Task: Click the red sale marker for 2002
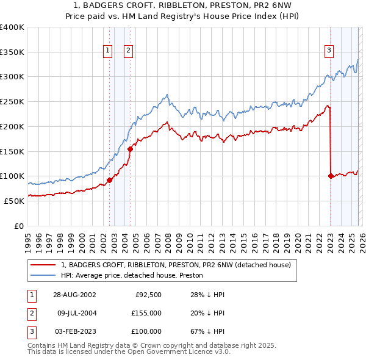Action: tap(110, 180)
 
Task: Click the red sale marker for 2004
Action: tap(130, 148)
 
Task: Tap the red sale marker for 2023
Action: tap(331, 176)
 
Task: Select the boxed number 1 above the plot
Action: tap(108, 51)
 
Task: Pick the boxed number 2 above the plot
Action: tap(129, 51)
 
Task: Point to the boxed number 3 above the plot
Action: tap(329, 51)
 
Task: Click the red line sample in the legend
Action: tap(43, 265)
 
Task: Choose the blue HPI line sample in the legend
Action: tap(43, 276)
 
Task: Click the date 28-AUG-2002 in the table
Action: tap(75, 295)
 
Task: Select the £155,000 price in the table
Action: tap(146, 313)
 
